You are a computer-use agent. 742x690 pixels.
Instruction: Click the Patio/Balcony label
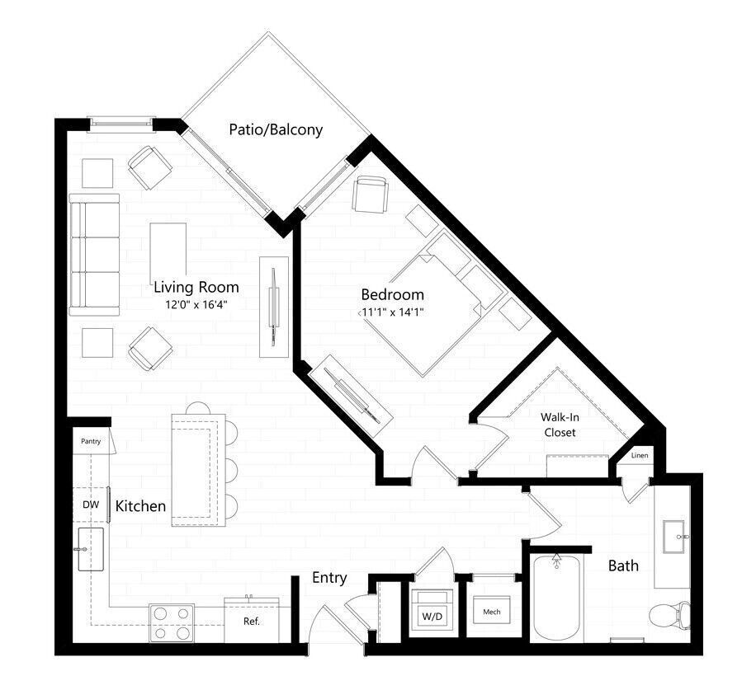click(275, 130)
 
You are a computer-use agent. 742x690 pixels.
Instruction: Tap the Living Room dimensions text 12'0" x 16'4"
click(196, 304)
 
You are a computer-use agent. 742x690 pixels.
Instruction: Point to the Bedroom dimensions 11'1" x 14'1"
click(393, 312)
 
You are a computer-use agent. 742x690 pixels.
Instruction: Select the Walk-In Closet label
click(559, 425)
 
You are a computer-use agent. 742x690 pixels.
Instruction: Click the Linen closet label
click(640, 456)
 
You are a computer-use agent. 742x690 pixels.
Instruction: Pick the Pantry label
click(91, 441)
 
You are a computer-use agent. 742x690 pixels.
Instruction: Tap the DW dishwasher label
click(90, 505)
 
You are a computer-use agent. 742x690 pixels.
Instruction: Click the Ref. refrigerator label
click(252, 622)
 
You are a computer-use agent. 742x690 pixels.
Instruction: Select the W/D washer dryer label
click(432, 615)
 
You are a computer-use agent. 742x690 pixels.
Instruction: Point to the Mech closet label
click(492, 612)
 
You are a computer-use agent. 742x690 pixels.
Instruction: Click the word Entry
click(329, 578)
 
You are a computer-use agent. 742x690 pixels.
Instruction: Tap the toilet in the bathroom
click(669, 614)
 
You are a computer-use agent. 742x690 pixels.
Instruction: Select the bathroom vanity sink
click(673, 537)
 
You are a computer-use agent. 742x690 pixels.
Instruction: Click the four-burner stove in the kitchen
click(172, 622)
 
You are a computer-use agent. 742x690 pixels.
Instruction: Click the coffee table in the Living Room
click(168, 252)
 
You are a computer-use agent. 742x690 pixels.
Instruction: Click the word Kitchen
click(140, 506)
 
